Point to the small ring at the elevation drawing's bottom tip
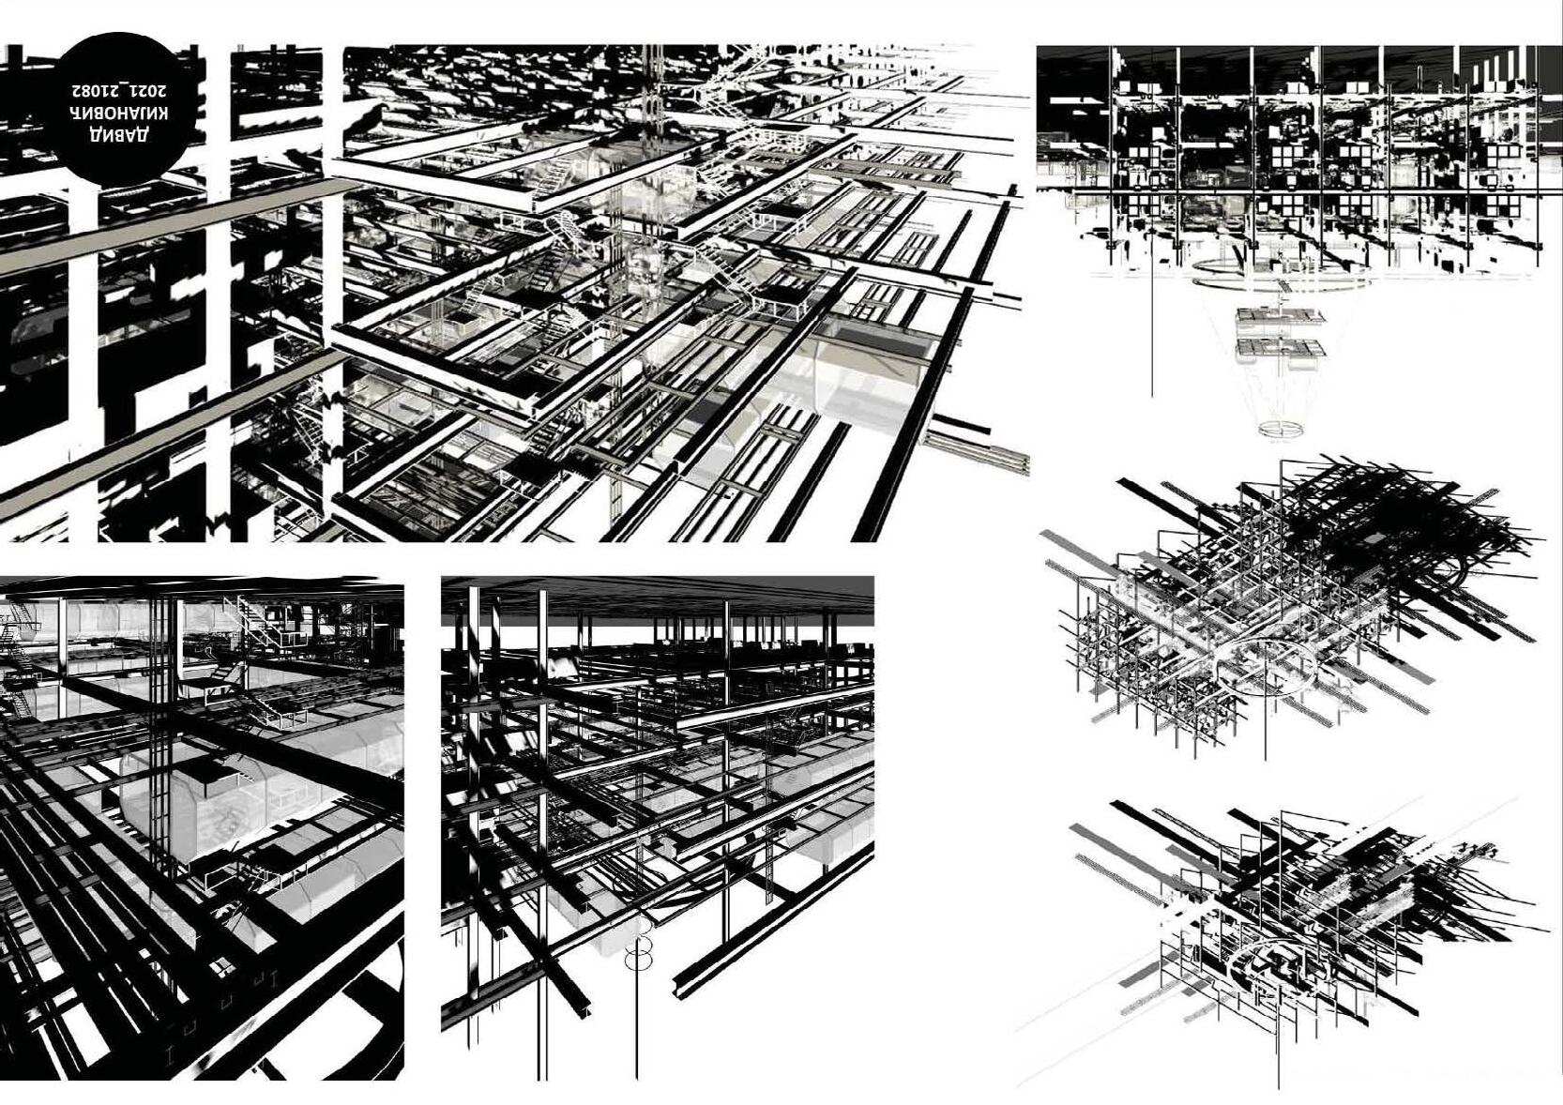[x=1282, y=430]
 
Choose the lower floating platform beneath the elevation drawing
[x=1282, y=349]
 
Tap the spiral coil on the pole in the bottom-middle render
[x=638, y=947]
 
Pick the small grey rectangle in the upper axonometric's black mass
[x=1373, y=538]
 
